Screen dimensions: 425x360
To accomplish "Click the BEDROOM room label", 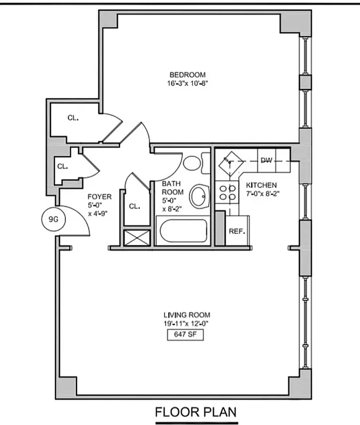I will (187, 75).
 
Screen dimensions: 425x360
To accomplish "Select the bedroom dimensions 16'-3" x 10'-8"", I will (187, 83).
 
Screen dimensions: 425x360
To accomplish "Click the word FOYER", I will (99, 197).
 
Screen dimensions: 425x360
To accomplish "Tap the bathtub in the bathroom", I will (182, 232).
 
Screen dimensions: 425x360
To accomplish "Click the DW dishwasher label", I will (266, 159).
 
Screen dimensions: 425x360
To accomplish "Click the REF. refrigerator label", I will (236, 232).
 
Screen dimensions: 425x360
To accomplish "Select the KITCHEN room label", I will (261, 185).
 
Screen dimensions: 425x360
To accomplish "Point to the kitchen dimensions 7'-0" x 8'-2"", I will (262, 193).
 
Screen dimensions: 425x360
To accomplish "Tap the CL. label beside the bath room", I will (134, 206).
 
